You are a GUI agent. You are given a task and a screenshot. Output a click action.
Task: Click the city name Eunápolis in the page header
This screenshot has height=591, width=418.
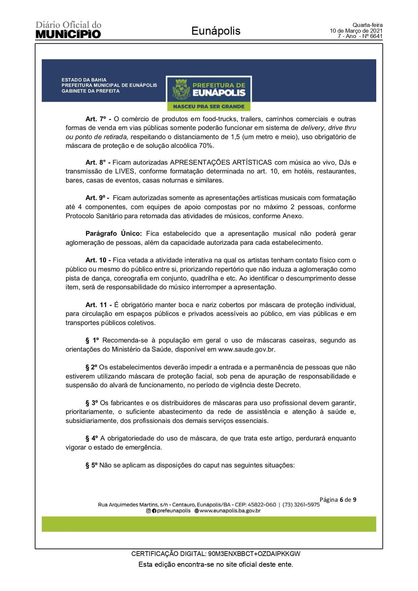tap(216, 31)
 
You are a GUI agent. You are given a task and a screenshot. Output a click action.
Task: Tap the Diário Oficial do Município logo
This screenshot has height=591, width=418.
tap(68, 30)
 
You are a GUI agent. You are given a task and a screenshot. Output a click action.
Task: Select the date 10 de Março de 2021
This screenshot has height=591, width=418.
tap(356, 31)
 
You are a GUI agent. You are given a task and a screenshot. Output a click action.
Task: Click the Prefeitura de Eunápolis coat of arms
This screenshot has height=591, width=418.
tap(181, 90)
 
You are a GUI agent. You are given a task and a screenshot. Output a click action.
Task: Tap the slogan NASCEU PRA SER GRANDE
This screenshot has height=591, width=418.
tap(208, 107)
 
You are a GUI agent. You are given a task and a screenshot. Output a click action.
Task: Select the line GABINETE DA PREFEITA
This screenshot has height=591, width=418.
tap(90, 91)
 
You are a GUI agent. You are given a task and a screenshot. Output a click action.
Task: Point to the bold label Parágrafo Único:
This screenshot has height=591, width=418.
tap(114, 233)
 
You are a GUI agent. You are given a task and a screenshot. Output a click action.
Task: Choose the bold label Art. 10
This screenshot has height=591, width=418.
tap(96, 260)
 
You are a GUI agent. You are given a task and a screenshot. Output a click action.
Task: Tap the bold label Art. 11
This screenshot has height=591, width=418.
tap(96, 305)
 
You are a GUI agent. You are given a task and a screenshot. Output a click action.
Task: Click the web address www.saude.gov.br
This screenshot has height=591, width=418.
tap(246, 349)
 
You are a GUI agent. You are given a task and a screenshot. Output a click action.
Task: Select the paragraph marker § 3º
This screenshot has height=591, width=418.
tap(91, 403)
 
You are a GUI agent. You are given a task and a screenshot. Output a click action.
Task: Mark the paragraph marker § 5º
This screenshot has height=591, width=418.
tap(91, 465)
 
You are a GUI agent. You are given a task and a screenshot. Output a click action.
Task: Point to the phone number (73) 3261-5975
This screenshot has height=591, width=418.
tap(301, 504)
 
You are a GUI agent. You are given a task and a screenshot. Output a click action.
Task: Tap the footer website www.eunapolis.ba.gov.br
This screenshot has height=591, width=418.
tap(230, 511)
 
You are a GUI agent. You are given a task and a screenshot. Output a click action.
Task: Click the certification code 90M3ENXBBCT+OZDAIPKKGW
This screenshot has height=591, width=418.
tap(254, 554)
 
